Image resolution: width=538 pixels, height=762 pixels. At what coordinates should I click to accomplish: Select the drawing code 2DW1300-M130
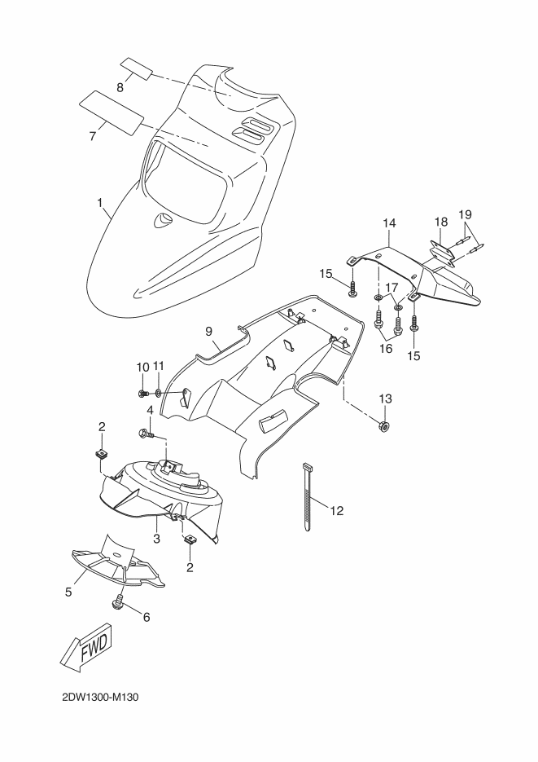(x=100, y=698)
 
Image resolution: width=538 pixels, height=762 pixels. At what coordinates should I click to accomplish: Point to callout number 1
(x=100, y=202)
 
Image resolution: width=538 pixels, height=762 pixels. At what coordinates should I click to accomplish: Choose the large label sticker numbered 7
(x=112, y=112)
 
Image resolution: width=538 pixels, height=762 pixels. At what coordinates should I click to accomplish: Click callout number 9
(x=208, y=332)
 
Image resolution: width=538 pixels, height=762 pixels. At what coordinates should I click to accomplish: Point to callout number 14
(x=389, y=223)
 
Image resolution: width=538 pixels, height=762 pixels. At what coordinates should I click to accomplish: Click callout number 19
(x=465, y=214)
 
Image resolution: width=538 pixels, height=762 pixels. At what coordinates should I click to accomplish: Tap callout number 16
(x=386, y=349)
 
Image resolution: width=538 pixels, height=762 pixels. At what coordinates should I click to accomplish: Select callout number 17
(x=391, y=287)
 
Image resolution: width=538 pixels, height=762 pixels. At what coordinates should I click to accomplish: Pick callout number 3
(x=157, y=539)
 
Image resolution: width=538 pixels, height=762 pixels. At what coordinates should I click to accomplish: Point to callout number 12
(x=337, y=511)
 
